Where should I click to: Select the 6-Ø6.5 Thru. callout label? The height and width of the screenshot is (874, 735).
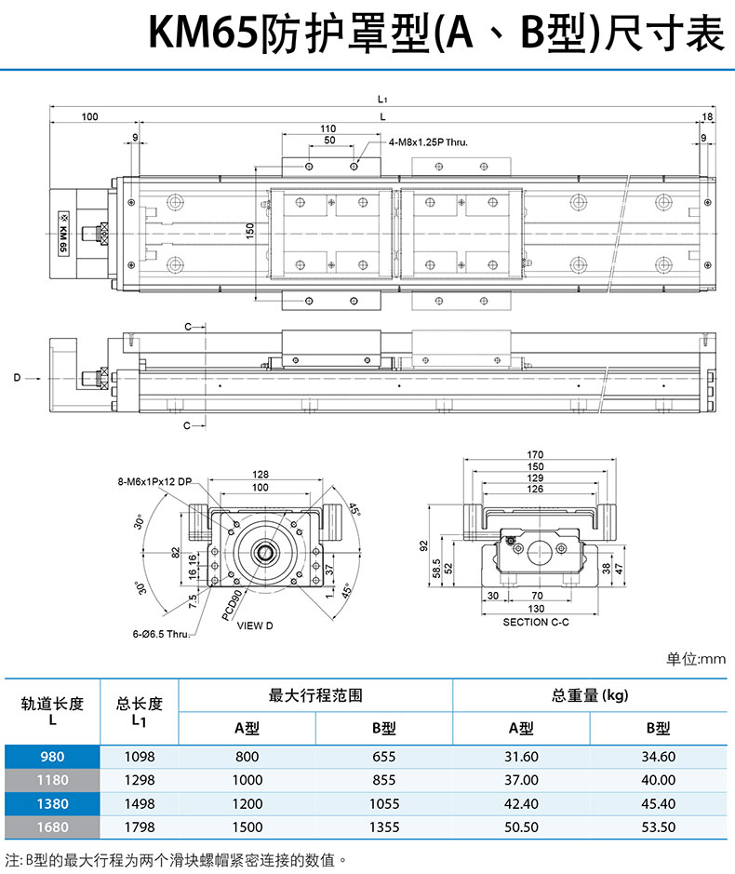160,634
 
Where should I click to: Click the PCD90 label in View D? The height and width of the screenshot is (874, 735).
233,604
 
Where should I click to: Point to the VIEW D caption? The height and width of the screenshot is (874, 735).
255,625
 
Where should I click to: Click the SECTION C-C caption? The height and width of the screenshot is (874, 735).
536,622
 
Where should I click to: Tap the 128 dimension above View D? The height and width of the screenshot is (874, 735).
260,475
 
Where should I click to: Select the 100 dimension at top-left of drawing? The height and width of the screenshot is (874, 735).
90,116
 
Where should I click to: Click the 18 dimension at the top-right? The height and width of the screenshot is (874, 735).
707,116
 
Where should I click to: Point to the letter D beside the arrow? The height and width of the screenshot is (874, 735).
17,378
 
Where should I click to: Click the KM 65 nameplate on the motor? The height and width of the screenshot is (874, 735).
62,232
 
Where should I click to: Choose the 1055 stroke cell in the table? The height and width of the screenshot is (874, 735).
381,803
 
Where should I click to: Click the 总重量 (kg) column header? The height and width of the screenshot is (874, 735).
590,695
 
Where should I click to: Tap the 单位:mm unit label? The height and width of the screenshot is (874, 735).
695,659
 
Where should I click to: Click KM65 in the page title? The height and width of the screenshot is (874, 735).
201,34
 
